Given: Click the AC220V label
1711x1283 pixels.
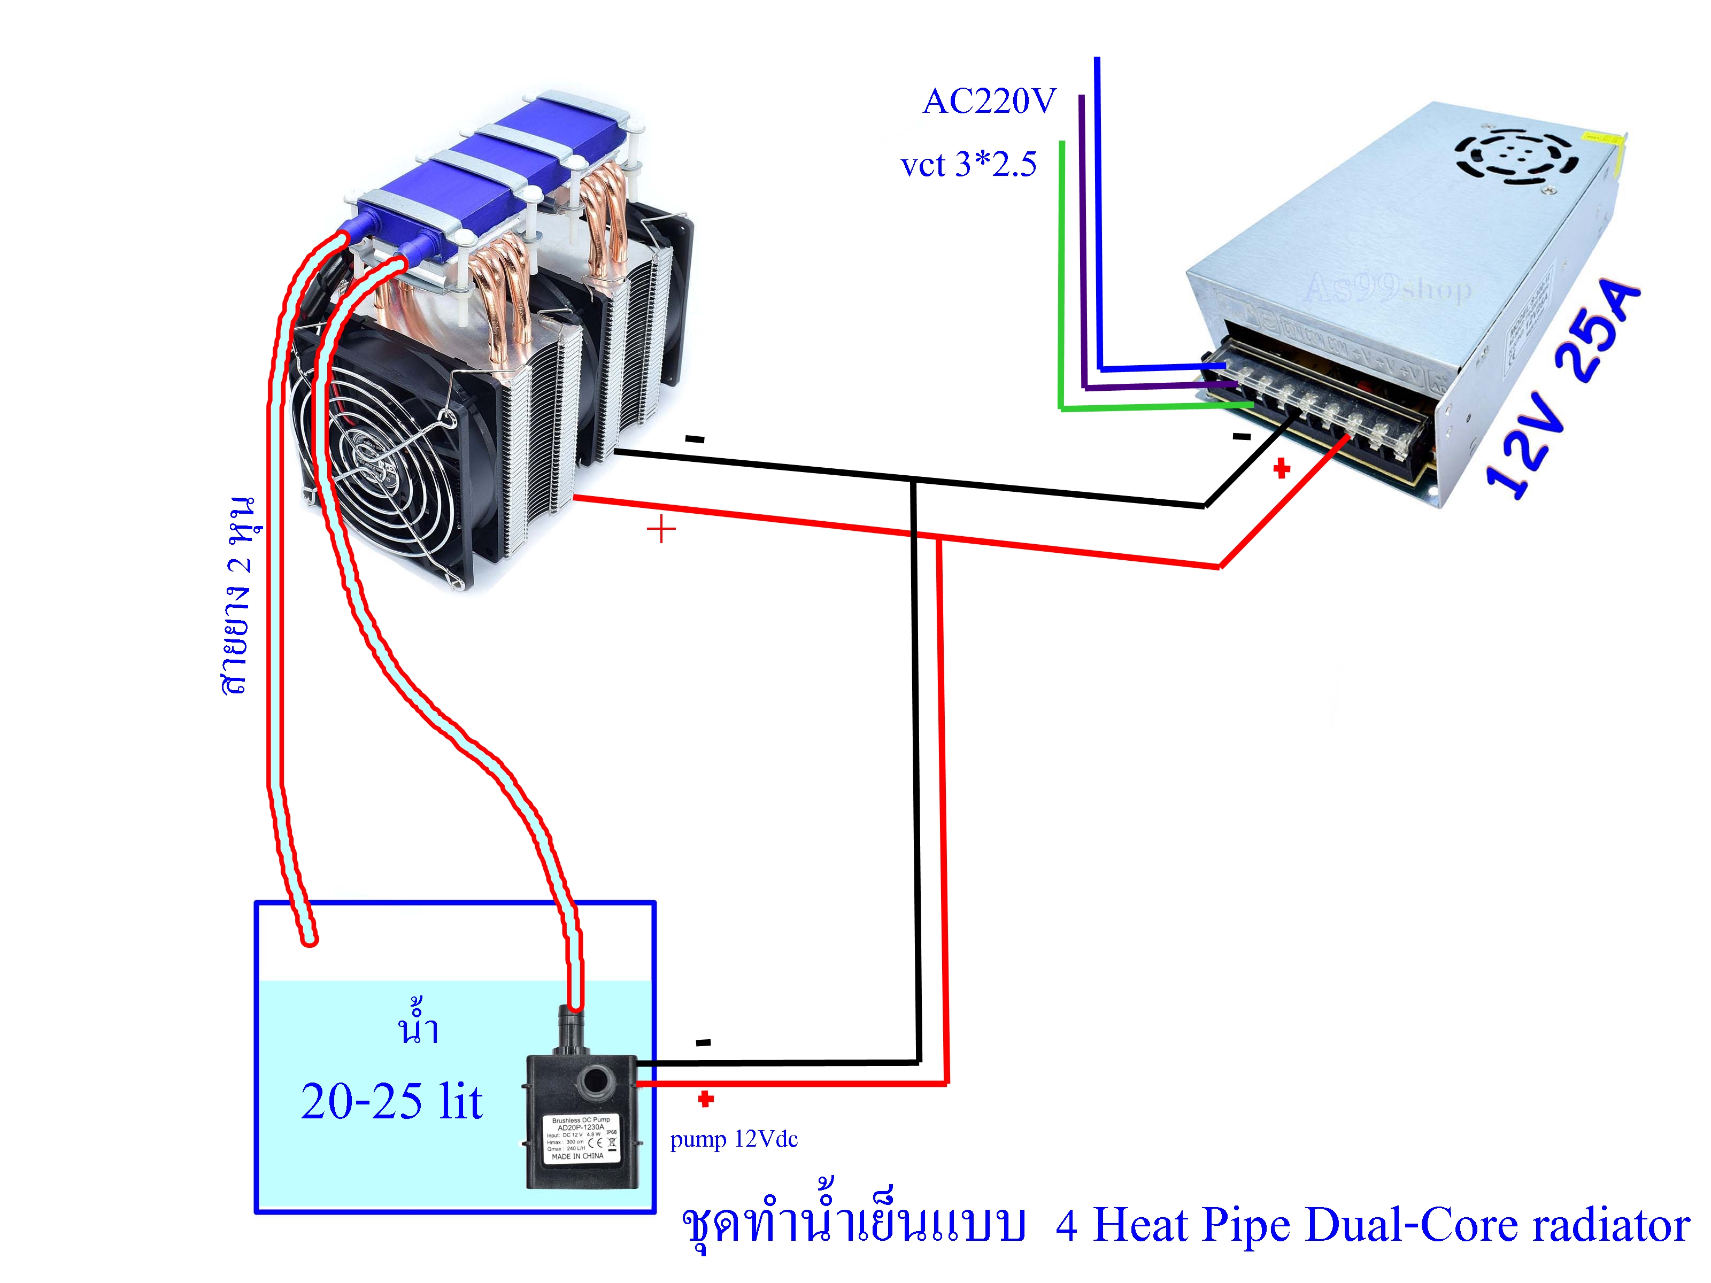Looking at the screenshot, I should (989, 102).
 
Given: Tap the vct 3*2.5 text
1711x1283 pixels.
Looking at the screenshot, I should (968, 165).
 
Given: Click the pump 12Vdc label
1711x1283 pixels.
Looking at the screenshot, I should (733, 1139).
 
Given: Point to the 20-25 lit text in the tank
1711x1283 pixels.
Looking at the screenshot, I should (391, 1101).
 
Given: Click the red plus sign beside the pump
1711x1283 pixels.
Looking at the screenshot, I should (705, 1099).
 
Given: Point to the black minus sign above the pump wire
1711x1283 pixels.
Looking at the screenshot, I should (703, 1042).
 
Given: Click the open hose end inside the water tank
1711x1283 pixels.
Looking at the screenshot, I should (310, 940).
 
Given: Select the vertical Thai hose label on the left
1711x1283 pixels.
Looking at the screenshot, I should (240, 596).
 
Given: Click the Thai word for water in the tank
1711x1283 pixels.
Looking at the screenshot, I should (418, 1025).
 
